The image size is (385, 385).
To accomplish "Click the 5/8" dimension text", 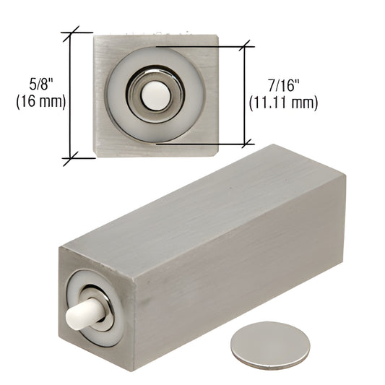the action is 41,85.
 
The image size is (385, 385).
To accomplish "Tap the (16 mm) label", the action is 41,101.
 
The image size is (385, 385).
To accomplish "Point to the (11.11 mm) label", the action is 283,103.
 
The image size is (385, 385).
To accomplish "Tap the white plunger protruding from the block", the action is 84,313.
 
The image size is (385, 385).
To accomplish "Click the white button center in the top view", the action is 156,95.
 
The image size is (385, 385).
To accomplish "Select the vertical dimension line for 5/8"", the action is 71,95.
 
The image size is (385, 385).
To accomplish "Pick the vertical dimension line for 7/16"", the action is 245,95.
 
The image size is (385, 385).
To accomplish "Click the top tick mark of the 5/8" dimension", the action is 71,33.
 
